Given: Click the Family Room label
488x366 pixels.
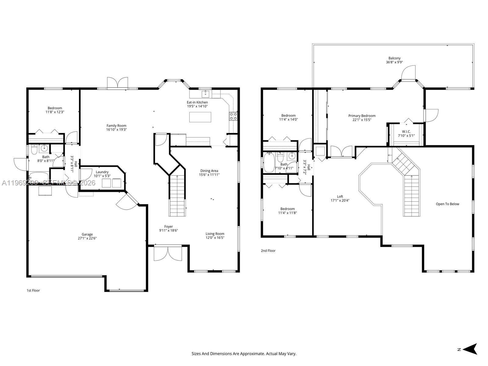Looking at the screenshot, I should [x=116, y=126].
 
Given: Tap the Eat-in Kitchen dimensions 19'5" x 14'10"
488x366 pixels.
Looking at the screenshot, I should [x=197, y=106].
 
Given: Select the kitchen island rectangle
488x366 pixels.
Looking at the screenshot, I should [x=200, y=117].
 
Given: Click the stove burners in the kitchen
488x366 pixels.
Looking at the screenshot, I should [x=233, y=116].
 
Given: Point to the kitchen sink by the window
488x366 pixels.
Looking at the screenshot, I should [x=206, y=93].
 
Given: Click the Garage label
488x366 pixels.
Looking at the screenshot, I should [x=87, y=235].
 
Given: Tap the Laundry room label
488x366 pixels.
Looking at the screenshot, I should [x=102, y=172].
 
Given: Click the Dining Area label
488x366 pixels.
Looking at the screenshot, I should [x=209, y=171].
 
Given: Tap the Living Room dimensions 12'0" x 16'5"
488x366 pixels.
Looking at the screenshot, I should [x=215, y=238].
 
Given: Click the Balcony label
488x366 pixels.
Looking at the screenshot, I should [x=394, y=58].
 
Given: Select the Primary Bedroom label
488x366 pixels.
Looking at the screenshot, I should [x=362, y=116].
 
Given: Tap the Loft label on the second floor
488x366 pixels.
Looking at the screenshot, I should [x=340, y=196].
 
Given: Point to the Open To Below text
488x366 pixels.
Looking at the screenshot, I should [x=447, y=204].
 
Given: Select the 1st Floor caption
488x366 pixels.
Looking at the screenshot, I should [x=33, y=290].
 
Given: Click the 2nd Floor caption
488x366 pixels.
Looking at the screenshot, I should [x=268, y=251].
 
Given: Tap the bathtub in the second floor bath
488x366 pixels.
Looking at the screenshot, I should [x=269, y=163].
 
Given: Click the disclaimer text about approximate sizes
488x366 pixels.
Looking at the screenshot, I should [x=244, y=354].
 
